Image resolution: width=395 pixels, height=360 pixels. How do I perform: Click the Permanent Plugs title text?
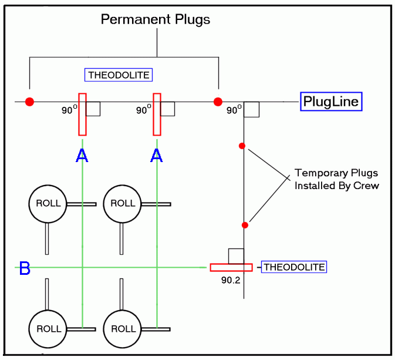[x=156, y=19]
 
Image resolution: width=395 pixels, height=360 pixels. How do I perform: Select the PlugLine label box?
[x=331, y=102]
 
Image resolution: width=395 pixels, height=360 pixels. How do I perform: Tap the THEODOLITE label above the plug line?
[x=119, y=75]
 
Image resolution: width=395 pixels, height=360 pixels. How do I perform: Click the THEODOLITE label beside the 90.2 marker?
[x=294, y=267]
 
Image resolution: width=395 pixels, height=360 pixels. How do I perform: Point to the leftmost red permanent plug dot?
[x=30, y=102]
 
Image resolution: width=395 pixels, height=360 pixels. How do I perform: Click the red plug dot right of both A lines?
[x=218, y=102]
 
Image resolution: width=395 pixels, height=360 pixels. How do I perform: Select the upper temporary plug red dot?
[x=242, y=146]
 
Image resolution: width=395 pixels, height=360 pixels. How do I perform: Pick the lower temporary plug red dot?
[x=245, y=225]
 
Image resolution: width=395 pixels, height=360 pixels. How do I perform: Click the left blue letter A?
[x=82, y=156]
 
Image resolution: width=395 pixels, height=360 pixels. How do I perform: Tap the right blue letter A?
[x=156, y=156]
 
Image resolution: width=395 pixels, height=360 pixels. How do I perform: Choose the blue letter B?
[x=25, y=269]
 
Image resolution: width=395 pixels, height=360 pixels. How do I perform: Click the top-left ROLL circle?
[x=48, y=203]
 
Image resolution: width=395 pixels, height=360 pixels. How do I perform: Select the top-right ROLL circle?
[x=122, y=203]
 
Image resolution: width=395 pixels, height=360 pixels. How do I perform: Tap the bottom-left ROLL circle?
[x=48, y=329]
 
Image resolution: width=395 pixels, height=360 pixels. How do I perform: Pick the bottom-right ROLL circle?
[x=122, y=329]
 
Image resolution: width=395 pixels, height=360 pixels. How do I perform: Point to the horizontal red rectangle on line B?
[x=231, y=267]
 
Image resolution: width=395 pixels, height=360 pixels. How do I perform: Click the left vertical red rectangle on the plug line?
[x=82, y=114]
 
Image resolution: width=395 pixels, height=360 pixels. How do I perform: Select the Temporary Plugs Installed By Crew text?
[x=336, y=179]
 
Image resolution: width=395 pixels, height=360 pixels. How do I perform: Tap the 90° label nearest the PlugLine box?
[x=234, y=110]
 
